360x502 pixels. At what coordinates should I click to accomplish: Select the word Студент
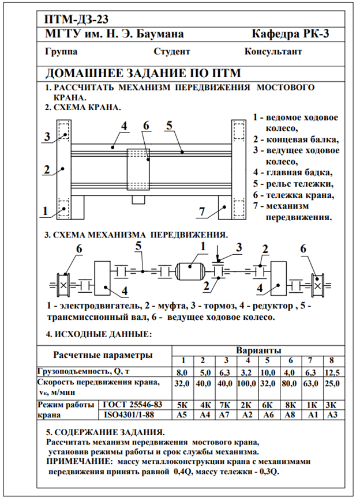coord(172,51)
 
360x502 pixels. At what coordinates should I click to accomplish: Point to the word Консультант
coord(273,51)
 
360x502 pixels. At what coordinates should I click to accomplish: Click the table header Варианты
coord(258,350)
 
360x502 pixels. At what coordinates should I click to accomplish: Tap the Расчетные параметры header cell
coord(103,354)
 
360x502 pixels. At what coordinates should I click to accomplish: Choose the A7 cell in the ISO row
coord(226,414)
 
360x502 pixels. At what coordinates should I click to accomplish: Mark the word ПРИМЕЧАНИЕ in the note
coord(78,462)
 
